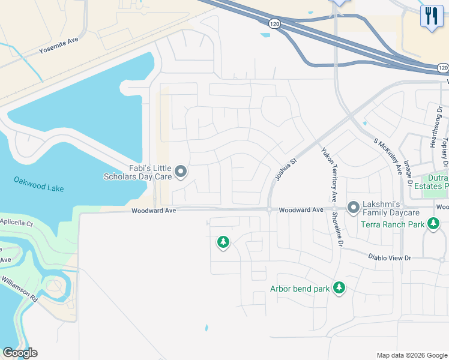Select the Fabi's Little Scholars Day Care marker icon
[x=181, y=173]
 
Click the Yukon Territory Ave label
[x=328, y=175]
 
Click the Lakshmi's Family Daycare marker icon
[x=354, y=208]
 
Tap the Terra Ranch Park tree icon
[x=433, y=225]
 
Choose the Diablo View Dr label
[x=390, y=257]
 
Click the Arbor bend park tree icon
[x=339, y=288]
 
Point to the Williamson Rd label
[x=19, y=288]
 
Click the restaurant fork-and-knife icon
[x=431, y=16]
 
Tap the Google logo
[x=20, y=353]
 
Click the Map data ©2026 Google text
[x=412, y=355]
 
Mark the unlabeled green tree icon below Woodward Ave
[x=223, y=242]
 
